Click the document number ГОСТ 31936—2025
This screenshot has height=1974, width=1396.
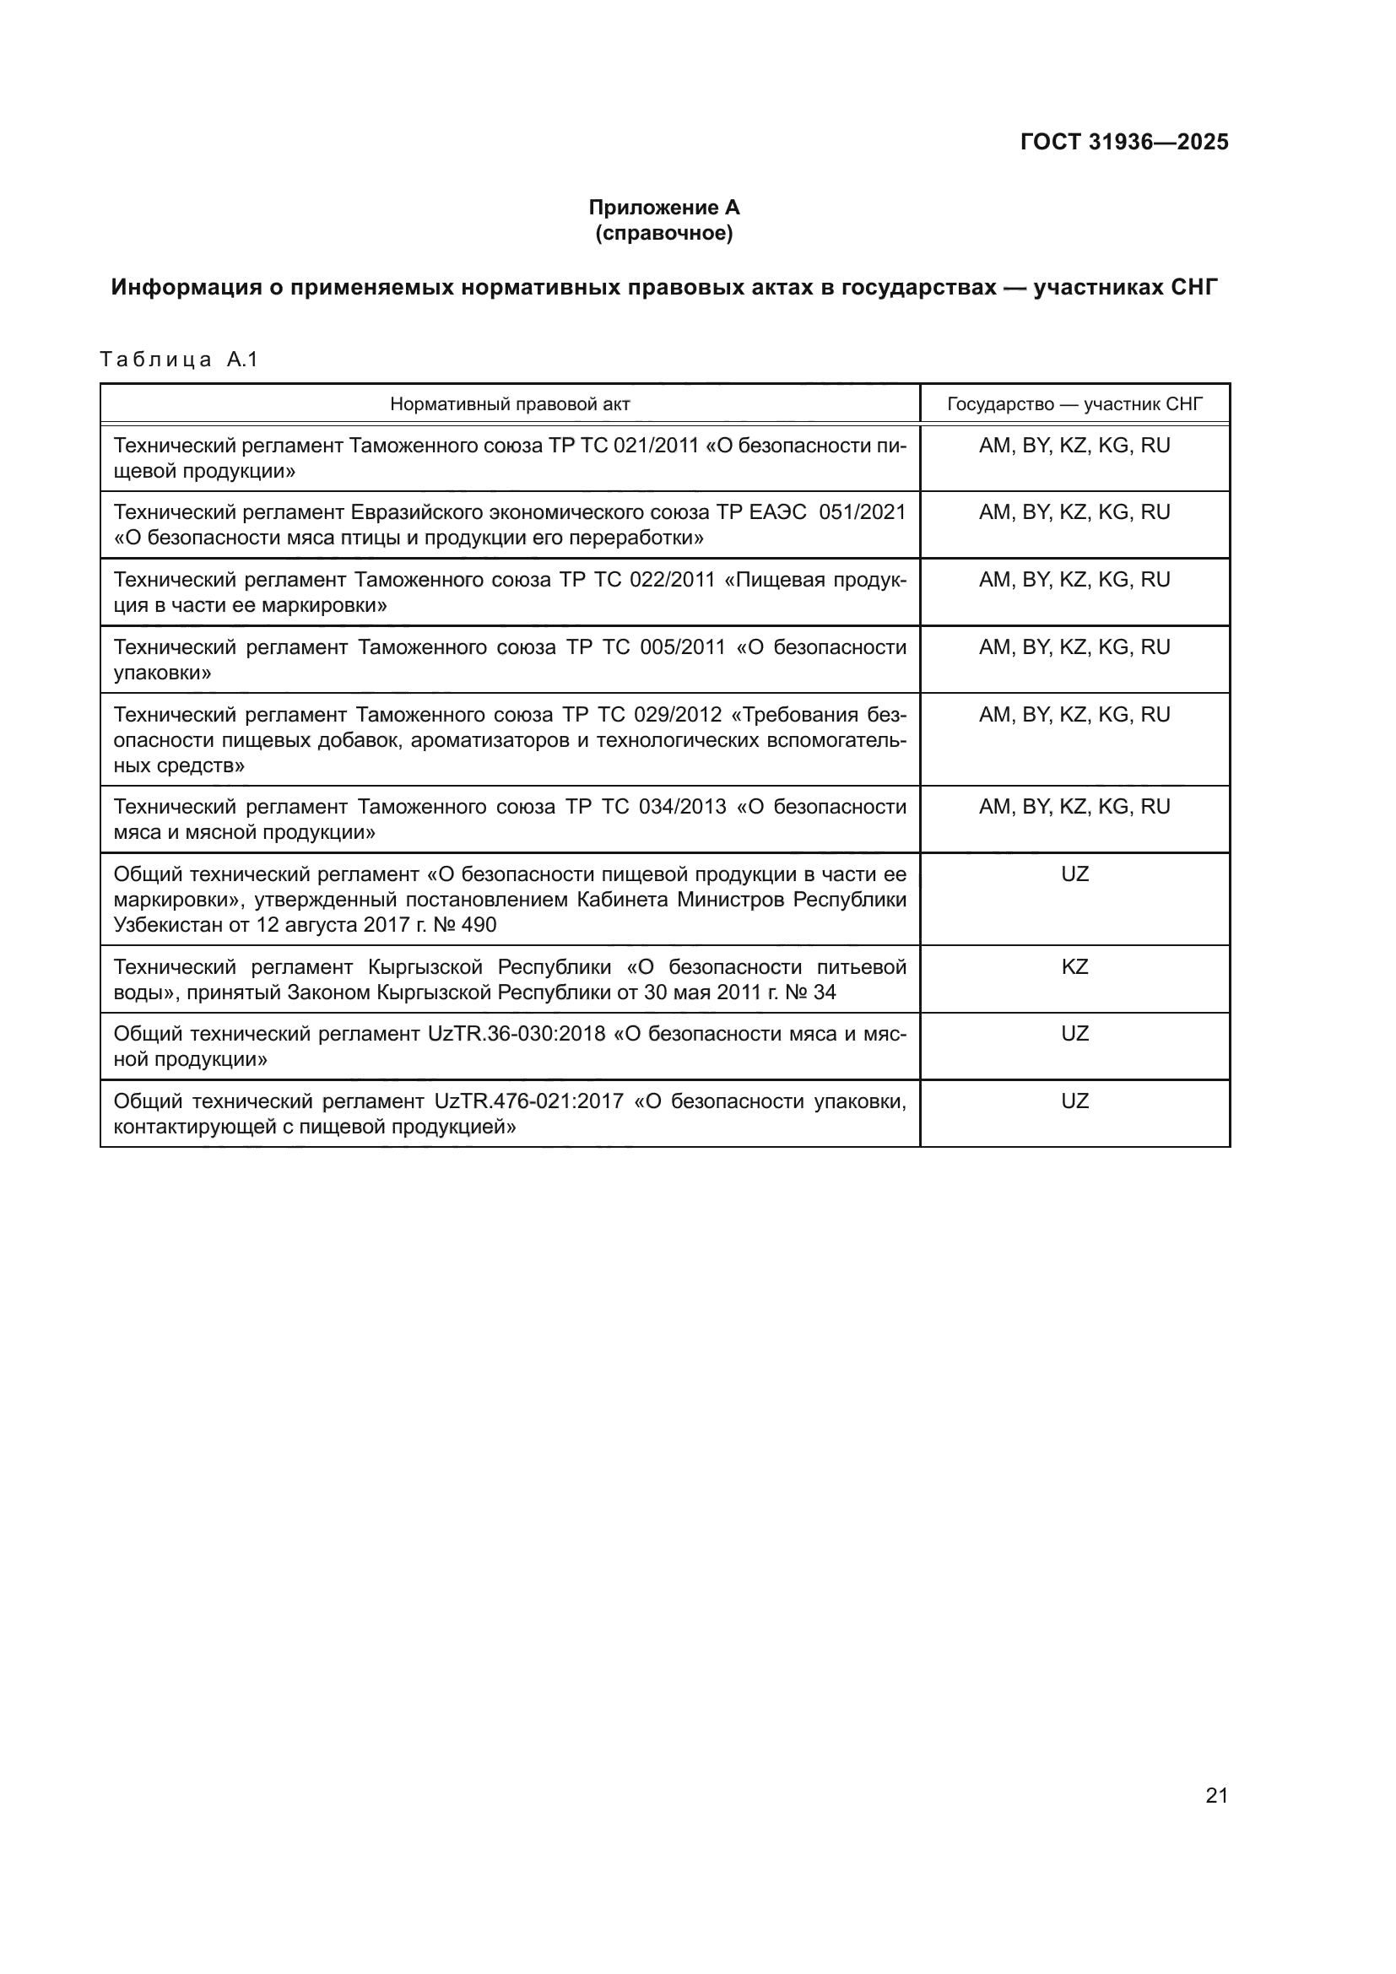(x=1123, y=142)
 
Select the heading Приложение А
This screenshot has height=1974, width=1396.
(x=663, y=208)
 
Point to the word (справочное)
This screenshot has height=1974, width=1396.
(x=663, y=233)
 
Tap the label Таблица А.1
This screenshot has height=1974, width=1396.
(x=179, y=360)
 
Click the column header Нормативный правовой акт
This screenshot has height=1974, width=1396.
(x=510, y=404)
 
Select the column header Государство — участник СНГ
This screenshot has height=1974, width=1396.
(x=1074, y=404)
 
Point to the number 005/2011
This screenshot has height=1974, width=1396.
(x=683, y=647)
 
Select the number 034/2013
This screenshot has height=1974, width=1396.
(x=683, y=807)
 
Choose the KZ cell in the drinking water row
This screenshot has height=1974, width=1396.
(x=1074, y=967)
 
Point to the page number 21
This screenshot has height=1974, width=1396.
(x=1216, y=1796)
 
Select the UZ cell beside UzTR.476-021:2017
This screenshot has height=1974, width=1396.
(x=1074, y=1101)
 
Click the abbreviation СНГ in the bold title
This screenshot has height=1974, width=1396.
(x=1194, y=287)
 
